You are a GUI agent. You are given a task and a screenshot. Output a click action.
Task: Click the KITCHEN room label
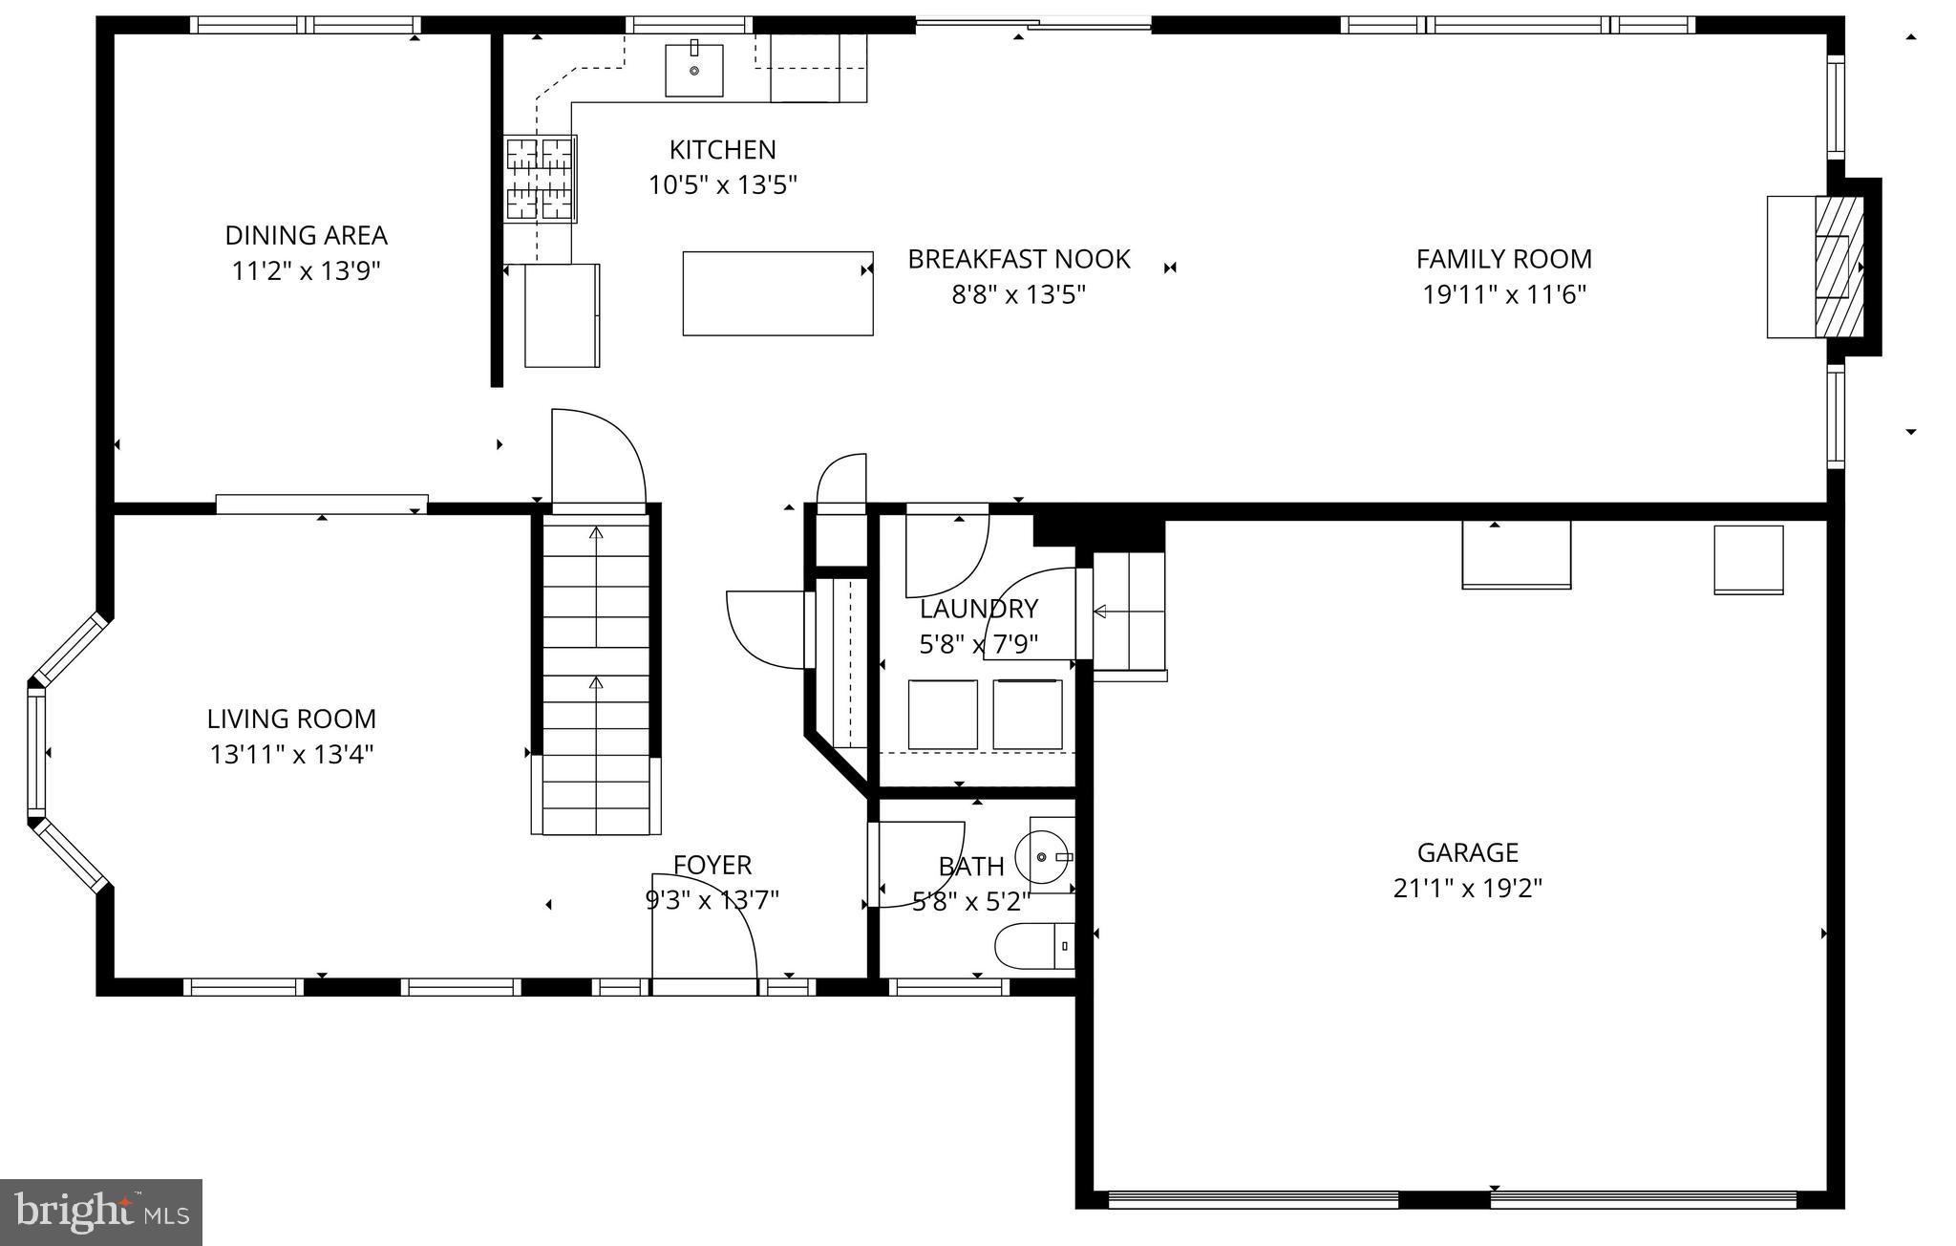tap(722, 150)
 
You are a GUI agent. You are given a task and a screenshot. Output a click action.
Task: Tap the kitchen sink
tap(693, 71)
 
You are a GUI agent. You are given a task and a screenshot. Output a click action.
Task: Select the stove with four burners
tap(541, 179)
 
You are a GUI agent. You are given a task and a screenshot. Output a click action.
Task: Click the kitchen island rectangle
tap(777, 293)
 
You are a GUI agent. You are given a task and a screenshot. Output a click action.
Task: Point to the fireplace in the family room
tap(1839, 267)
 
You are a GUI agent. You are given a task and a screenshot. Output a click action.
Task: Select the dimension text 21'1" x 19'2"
tap(1467, 889)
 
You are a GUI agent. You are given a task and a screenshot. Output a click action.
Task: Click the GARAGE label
tap(1467, 852)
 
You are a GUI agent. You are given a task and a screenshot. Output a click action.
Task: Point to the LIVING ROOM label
tap(291, 719)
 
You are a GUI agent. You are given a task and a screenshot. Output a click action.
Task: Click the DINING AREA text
tap(306, 235)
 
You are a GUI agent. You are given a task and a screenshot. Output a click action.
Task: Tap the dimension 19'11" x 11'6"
tap(1503, 294)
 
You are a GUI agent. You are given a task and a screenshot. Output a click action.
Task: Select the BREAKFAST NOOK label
tap(1018, 259)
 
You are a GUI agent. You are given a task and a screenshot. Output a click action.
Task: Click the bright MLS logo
tap(101, 1212)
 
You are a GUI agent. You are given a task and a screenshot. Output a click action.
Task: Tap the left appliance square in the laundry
tap(943, 715)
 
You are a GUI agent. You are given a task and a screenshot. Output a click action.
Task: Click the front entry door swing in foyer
tap(704, 927)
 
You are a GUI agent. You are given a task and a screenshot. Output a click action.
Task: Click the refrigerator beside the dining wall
tap(562, 315)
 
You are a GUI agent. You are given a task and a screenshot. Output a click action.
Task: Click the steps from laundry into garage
tap(1129, 611)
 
